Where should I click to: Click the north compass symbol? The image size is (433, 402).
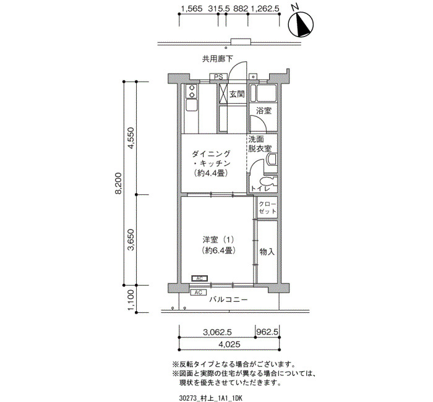click(301, 24)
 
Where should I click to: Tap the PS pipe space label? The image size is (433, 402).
click(218, 77)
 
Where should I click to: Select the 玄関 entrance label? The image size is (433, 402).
click(237, 95)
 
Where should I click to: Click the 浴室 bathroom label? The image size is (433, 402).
click(264, 111)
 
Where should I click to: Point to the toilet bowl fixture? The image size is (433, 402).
click(267, 182)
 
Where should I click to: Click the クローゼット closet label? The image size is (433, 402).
click(267, 208)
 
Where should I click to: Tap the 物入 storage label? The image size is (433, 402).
click(267, 252)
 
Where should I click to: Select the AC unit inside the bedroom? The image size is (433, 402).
click(199, 278)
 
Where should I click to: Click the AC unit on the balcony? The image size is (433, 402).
click(199, 292)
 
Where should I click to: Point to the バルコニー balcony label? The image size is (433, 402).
click(228, 299)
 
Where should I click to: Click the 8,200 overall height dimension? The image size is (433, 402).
click(119, 183)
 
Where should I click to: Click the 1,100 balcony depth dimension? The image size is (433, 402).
click(131, 299)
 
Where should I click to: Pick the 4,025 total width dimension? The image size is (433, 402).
click(229, 344)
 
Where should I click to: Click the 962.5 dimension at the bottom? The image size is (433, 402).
click(267, 331)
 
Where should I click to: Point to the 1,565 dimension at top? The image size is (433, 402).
click(192, 9)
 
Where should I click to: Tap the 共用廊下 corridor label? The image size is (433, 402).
click(218, 59)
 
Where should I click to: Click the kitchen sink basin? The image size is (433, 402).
click(191, 106)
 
